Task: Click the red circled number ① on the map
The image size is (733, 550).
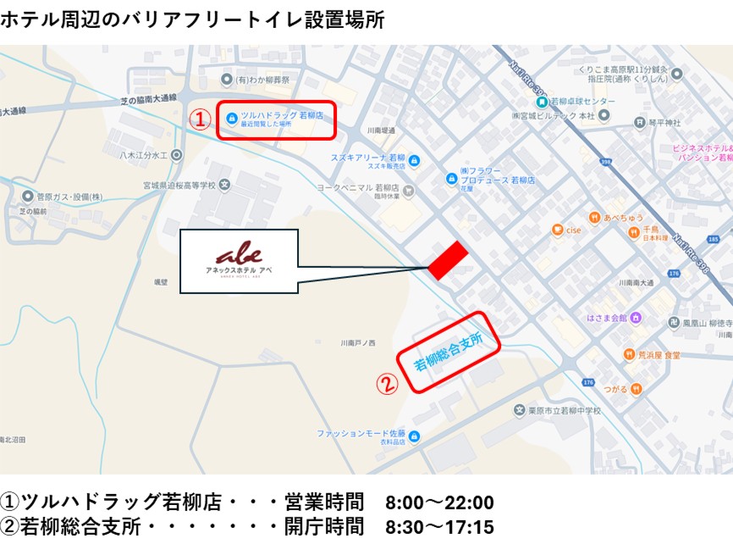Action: tap(199, 119)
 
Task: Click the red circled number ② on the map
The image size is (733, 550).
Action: tap(387, 384)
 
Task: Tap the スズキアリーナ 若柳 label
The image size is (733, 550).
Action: tap(370, 158)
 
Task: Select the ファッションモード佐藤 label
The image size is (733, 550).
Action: tap(361, 434)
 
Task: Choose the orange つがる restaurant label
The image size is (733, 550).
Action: tap(615, 388)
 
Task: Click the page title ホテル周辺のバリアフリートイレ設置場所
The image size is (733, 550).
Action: tap(192, 19)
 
